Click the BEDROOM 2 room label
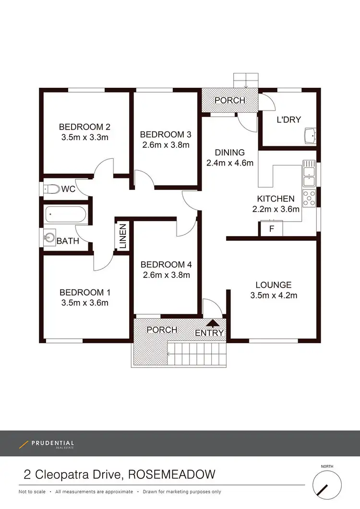[84, 127]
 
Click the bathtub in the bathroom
[67, 214]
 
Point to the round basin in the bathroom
[49, 237]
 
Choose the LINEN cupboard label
[122, 236]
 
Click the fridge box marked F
[271, 229]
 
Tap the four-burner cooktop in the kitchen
[309, 197]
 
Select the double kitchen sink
[309, 175]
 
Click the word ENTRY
[209, 333]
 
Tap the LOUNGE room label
[273, 285]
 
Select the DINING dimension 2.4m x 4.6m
[229, 163]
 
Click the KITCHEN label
[276, 199]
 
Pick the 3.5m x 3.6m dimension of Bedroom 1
[84, 303]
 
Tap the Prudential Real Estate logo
[47, 444]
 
